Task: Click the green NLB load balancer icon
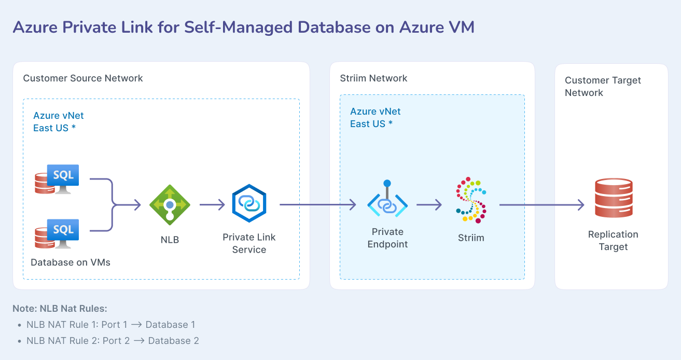(170, 205)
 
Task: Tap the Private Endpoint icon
(387, 202)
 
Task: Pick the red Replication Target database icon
(614, 198)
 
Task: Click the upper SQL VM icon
(57, 179)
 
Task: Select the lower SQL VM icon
(57, 233)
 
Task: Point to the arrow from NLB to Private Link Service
(212, 205)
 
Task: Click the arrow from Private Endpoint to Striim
(428, 205)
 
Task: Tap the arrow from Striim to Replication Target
(542, 205)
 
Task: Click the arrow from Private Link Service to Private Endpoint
(317, 205)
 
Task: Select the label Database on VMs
(71, 262)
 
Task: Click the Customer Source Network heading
(83, 78)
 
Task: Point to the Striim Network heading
(373, 78)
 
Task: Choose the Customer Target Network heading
(603, 87)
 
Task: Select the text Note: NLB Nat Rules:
(60, 309)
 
